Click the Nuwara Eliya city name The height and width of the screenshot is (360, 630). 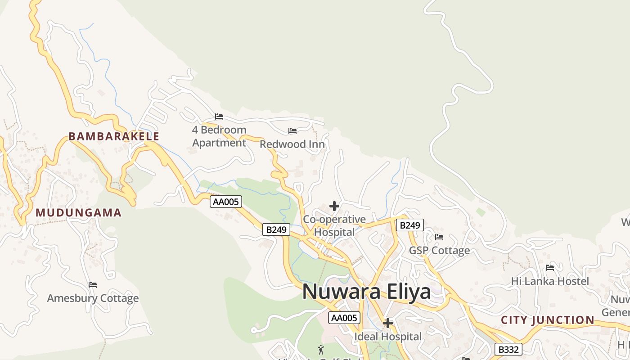pos(366,292)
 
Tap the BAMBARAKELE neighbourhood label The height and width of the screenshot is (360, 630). pos(114,136)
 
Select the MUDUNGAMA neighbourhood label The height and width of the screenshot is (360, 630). pos(79,212)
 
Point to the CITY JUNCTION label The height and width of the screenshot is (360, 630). pos(548,320)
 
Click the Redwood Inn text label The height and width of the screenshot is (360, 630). pos(292,144)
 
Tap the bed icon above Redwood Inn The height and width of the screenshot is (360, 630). pos(292,131)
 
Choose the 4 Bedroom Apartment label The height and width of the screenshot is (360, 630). pos(219,136)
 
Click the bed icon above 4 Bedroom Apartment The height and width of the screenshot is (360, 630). pos(219,117)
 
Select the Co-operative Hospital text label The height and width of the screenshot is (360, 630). pos(334,225)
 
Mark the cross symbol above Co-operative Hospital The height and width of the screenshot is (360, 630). pos(334,206)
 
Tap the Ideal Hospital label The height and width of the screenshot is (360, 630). pos(388,336)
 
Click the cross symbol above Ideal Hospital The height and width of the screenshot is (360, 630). pos(387,323)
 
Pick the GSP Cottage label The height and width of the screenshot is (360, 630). pos(439,250)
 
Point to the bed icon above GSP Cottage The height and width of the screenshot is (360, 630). pos(439,237)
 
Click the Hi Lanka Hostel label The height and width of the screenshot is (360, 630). pos(550,281)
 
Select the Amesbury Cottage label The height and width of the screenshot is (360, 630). pos(93,298)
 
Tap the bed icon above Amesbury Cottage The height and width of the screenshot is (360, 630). pos(93,285)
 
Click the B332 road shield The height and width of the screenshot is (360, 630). pos(508,349)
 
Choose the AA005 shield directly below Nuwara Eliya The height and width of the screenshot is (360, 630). pos(344,318)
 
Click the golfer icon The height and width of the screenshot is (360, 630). pos(321,350)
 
